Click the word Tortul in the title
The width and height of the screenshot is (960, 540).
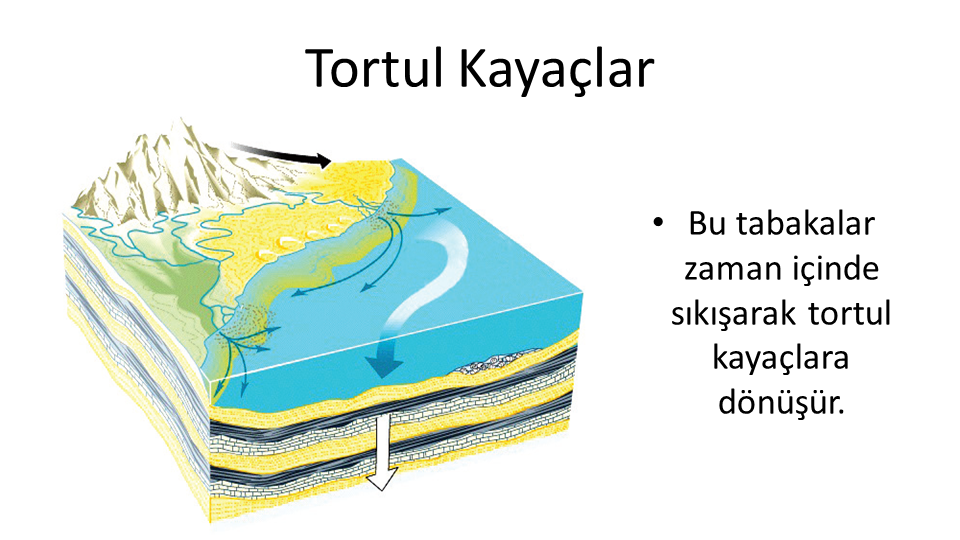pos(374,68)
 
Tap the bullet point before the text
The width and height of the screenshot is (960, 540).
pos(658,222)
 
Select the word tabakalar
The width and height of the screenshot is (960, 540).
pos(806,223)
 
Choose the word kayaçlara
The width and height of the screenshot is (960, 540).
pos(781,358)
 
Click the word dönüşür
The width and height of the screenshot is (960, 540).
pos(781,402)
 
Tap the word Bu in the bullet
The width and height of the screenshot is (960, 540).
pos(708,223)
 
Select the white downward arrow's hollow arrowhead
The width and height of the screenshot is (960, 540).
pos(382,478)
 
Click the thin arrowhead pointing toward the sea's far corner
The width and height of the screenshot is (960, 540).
pos(446,209)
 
